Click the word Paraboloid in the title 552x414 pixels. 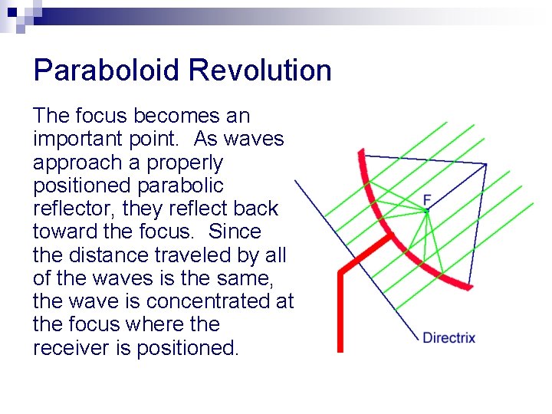pos(107,71)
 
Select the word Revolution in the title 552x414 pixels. pos(260,71)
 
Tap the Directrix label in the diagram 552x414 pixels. pos(449,337)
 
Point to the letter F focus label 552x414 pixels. pos(427,200)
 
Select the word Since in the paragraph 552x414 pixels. pos(235,232)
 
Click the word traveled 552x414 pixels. pos(195,255)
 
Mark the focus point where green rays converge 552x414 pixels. pos(428,210)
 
